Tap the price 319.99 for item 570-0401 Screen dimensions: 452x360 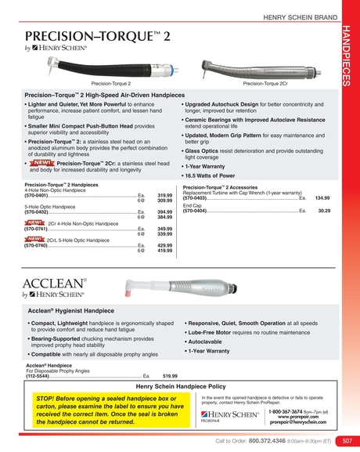(x=164, y=195)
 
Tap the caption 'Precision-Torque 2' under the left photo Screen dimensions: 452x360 (x=111, y=82)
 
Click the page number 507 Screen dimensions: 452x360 (x=347, y=440)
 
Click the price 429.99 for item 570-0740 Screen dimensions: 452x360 (x=164, y=245)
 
